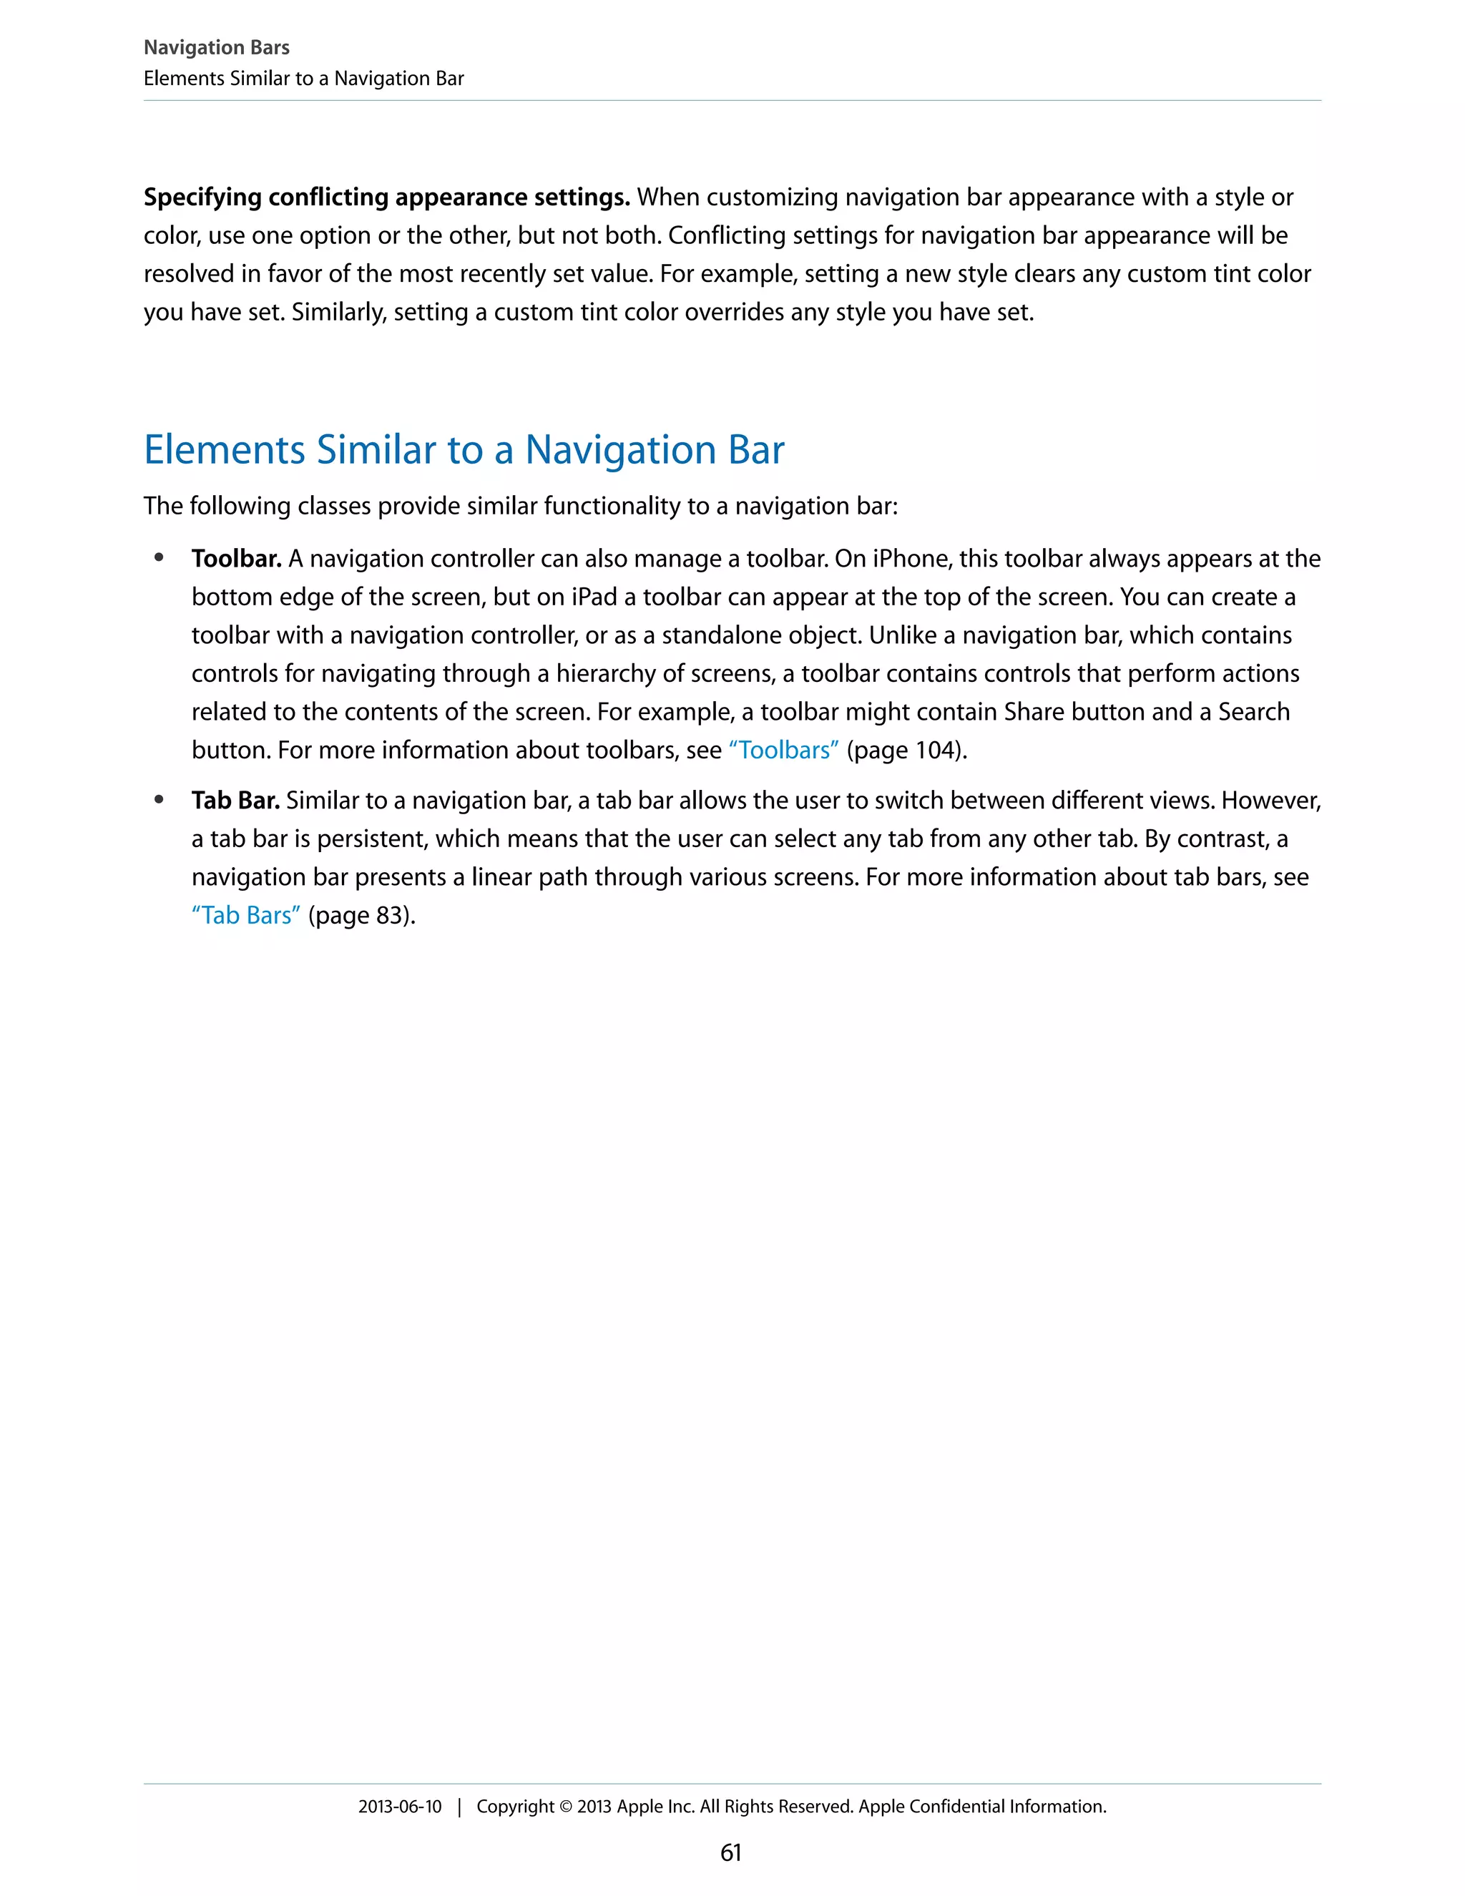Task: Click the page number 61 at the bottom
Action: [731, 1852]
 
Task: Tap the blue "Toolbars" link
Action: [784, 750]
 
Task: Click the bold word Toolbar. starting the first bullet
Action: [236, 558]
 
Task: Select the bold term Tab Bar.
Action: [235, 801]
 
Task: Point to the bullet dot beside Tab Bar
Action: [159, 801]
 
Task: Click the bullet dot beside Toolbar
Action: [159, 558]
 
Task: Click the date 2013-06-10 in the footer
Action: [399, 1806]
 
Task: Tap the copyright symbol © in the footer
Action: [565, 1807]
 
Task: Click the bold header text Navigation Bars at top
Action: [216, 48]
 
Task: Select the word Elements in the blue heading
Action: [224, 450]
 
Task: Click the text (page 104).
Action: [906, 750]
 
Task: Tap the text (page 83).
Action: [362, 915]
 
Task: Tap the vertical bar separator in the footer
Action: [459, 1807]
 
